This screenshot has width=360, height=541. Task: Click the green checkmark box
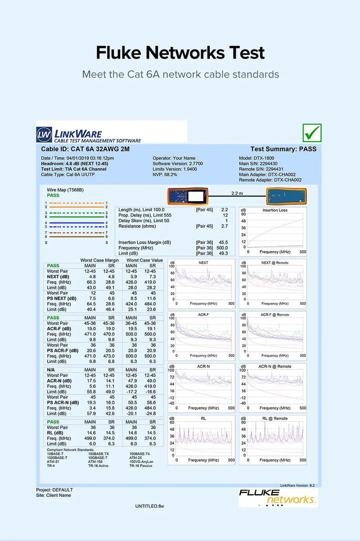click(312, 133)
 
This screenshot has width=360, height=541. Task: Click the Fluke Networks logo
click(278, 497)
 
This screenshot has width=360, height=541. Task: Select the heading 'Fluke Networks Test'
click(180, 53)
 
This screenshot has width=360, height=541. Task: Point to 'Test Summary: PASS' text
click(283, 149)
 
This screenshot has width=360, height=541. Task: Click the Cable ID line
click(85, 149)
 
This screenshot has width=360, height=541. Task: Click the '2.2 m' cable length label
click(237, 193)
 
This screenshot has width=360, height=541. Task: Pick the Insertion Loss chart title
click(274, 210)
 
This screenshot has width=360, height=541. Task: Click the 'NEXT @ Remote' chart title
click(274, 263)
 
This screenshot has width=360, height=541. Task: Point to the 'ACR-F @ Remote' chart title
click(274, 315)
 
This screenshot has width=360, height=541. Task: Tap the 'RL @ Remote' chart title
click(274, 419)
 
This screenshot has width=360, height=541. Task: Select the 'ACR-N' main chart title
click(203, 367)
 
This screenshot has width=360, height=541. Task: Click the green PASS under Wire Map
click(53, 196)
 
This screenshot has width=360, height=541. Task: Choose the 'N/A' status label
click(51, 370)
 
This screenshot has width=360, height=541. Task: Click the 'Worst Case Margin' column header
click(99, 260)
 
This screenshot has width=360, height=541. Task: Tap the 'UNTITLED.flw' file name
click(149, 506)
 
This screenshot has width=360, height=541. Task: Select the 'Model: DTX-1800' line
click(258, 158)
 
